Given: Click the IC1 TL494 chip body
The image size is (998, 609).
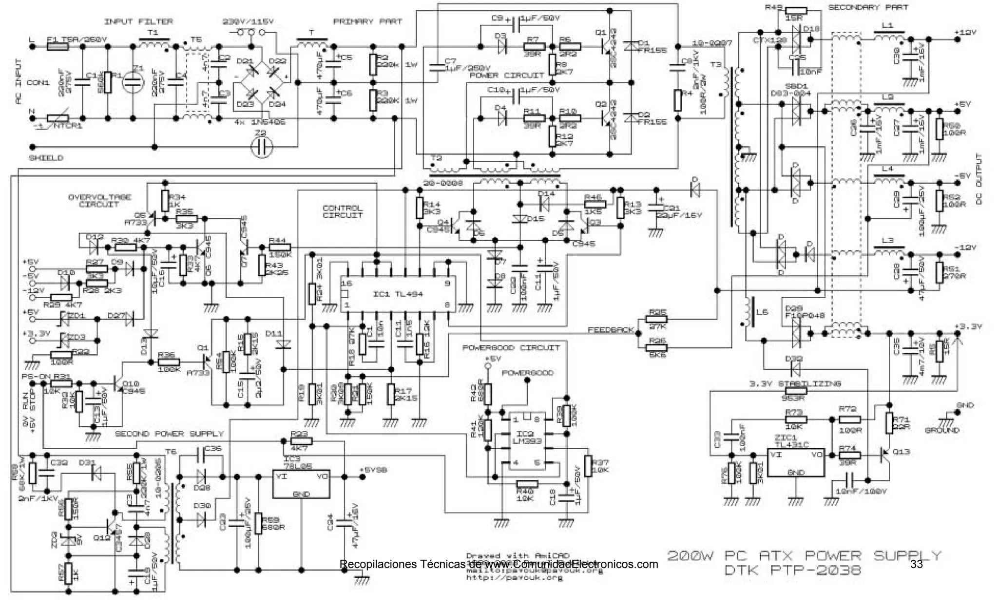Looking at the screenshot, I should click(x=398, y=294).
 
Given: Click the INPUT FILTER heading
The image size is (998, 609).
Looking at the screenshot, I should click(x=138, y=21).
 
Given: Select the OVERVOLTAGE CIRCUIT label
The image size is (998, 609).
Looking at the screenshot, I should click(x=99, y=201).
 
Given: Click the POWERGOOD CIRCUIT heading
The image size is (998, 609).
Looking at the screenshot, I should click(x=511, y=347).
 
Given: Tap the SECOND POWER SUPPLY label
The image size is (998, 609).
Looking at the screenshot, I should click(x=169, y=434).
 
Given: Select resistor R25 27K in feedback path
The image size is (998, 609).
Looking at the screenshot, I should click(x=656, y=320).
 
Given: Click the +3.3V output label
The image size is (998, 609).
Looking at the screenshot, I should click(x=968, y=326).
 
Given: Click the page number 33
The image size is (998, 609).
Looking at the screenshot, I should click(x=916, y=564).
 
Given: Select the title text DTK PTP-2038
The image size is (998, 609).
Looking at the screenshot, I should click(x=792, y=570).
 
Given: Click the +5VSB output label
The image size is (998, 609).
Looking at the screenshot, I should click(x=373, y=470).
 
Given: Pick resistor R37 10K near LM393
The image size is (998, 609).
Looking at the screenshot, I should click(x=588, y=466).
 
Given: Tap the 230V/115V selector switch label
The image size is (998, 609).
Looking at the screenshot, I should click(x=248, y=22).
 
